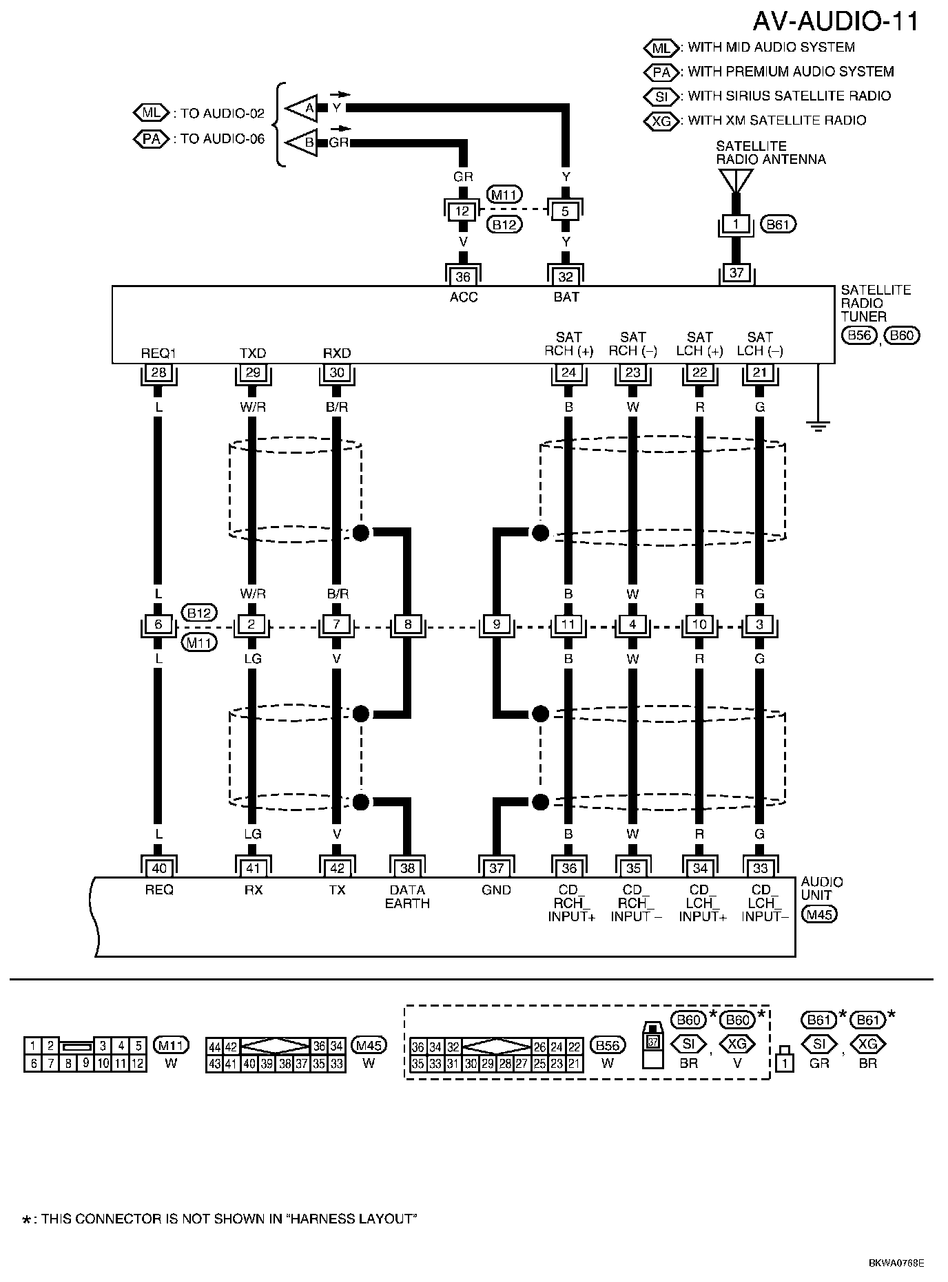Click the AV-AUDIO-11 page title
[x=835, y=21]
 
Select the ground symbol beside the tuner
[x=818, y=425]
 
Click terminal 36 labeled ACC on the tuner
[x=463, y=277]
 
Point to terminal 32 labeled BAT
[x=566, y=277]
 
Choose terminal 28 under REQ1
[x=158, y=373]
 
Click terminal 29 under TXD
[x=253, y=373]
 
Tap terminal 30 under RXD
[x=337, y=373]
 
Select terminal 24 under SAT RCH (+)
[x=568, y=373]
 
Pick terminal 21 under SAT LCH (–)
[x=760, y=373]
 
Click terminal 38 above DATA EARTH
[x=407, y=868]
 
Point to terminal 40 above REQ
[x=158, y=868]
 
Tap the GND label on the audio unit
[x=496, y=890]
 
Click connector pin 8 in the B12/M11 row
[x=408, y=625]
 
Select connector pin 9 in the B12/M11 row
[x=496, y=625]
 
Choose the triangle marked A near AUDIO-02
[x=303, y=108]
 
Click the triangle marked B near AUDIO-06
[x=303, y=143]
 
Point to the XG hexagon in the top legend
[x=661, y=121]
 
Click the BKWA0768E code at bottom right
[x=896, y=1263]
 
